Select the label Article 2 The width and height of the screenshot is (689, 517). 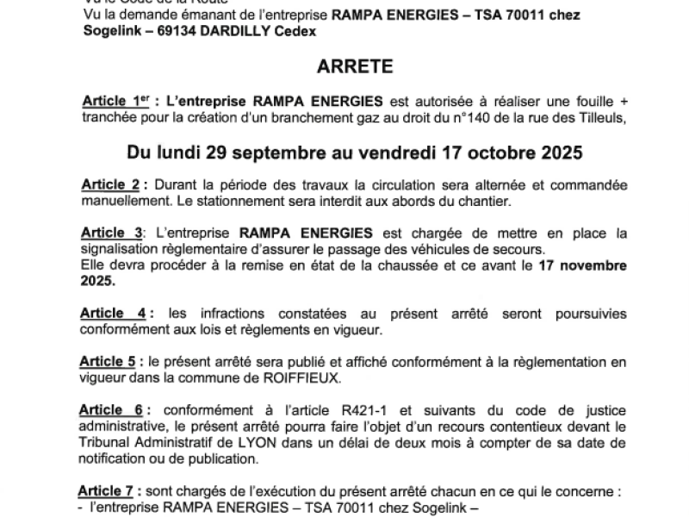pos(111,185)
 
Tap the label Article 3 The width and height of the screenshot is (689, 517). pos(112,233)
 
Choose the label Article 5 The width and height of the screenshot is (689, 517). pos(109,362)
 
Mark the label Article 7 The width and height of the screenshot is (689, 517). pos(106,490)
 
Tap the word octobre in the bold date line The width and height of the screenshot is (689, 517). pos(493,153)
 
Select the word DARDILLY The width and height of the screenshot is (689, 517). pos(236,31)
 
